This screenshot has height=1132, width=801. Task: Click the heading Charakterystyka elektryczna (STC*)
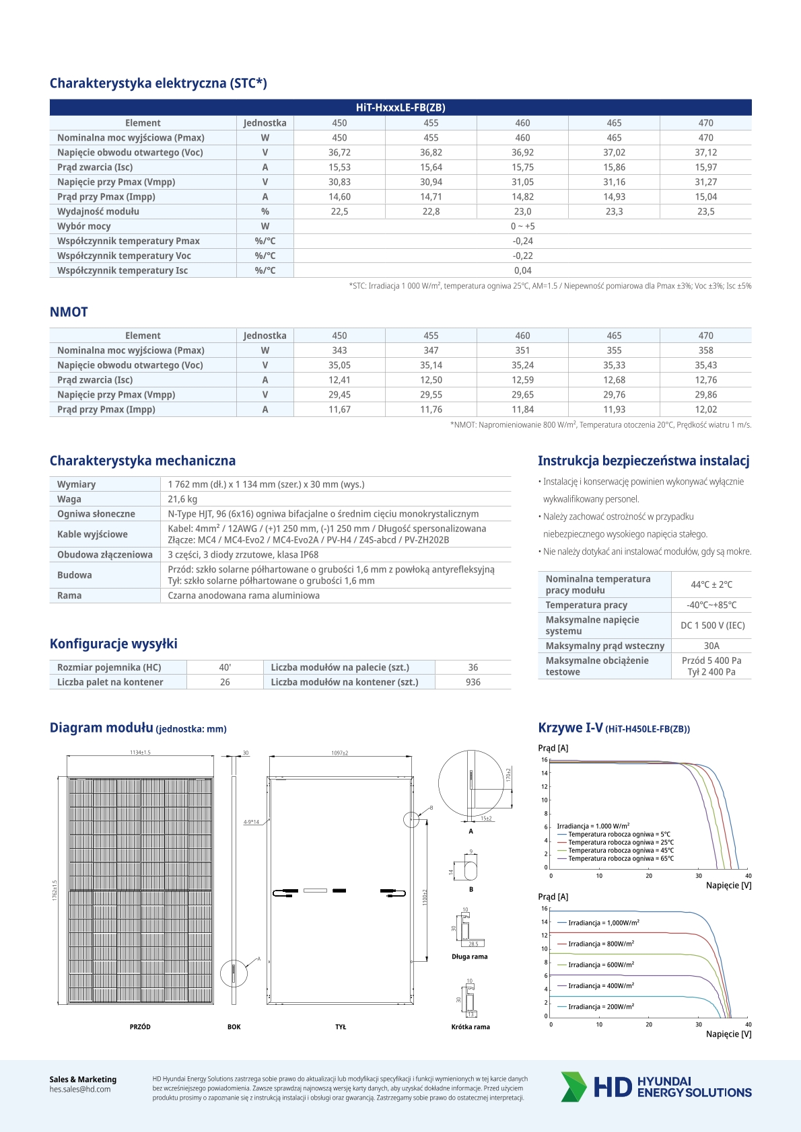click(x=158, y=83)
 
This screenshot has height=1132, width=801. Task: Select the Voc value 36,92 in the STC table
click(x=522, y=153)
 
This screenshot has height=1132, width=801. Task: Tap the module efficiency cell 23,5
click(x=705, y=212)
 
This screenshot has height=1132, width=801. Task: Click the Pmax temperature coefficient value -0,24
click(x=522, y=241)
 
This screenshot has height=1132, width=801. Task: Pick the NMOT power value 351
click(x=522, y=350)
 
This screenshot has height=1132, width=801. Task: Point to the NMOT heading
click(x=69, y=312)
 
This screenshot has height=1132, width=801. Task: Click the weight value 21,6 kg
click(x=182, y=499)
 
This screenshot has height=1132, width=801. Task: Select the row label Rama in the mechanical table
click(x=69, y=596)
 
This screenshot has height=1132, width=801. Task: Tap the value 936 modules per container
click(x=473, y=682)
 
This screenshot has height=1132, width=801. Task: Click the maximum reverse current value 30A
click(x=711, y=646)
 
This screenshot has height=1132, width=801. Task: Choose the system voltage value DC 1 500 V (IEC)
click(x=712, y=626)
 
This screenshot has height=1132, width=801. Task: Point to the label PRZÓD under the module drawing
click(x=140, y=1027)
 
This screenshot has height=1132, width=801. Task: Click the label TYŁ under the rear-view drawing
click(x=341, y=1027)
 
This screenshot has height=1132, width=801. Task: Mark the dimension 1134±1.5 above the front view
click(x=140, y=753)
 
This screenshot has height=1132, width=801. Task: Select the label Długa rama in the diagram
click(x=470, y=956)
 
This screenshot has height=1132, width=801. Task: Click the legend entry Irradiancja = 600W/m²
click(x=600, y=965)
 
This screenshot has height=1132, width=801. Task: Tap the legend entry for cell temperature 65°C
click(x=620, y=859)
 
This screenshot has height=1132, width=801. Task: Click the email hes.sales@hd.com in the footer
click(x=80, y=1089)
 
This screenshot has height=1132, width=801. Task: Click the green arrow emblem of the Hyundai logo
click(x=573, y=1086)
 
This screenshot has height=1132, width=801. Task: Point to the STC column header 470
click(x=705, y=123)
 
